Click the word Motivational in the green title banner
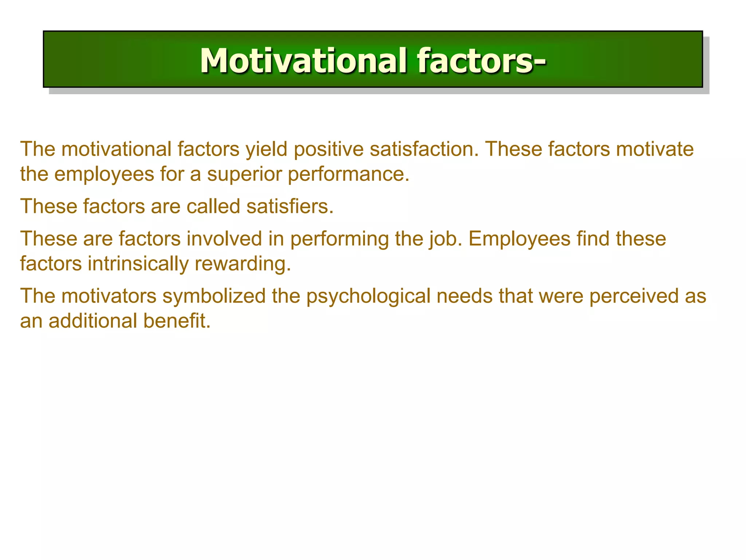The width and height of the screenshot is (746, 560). coord(303,61)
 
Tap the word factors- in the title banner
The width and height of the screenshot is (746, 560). coord(482,61)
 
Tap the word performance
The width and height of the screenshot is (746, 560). coord(349,174)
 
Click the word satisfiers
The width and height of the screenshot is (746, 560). coord(290,206)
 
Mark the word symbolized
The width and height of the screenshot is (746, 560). coord(214,296)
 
